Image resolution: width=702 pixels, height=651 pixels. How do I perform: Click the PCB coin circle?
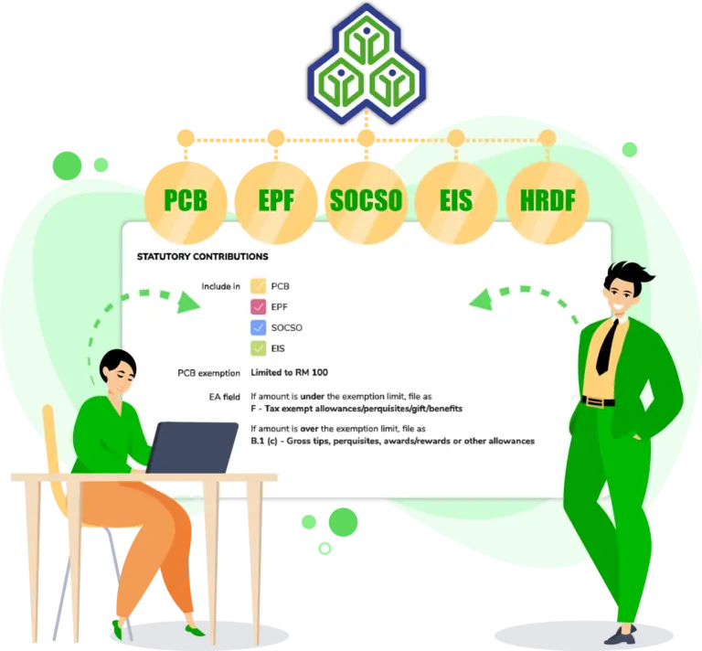(186, 202)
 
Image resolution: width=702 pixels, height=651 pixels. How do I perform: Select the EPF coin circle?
(276, 202)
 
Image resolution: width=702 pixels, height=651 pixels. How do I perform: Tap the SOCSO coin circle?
(367, 202)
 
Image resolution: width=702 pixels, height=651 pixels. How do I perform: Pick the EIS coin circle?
(456, 202)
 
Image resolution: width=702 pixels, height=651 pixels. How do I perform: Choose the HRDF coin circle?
(548, 202)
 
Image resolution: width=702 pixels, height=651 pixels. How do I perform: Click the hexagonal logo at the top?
(367, 64)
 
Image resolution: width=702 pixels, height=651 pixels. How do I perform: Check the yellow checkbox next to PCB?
(259, 286)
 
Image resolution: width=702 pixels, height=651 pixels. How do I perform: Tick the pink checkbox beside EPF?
(259, 306)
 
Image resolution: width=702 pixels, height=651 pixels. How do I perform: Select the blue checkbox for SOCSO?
(259, 327)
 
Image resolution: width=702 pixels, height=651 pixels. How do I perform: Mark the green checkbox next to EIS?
(259, 348)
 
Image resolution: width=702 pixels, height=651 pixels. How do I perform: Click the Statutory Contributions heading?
(202, 257)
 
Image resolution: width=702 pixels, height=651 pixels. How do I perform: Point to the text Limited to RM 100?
(289, 372)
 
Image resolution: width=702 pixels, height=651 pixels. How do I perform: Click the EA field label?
(224, 397)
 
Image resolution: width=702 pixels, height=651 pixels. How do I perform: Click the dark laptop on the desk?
(193, 447)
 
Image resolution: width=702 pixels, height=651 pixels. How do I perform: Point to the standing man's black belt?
(598, 400)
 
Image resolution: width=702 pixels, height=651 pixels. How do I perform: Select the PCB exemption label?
(208, 373)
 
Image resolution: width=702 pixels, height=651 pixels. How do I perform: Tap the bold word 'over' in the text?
(309, 429)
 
